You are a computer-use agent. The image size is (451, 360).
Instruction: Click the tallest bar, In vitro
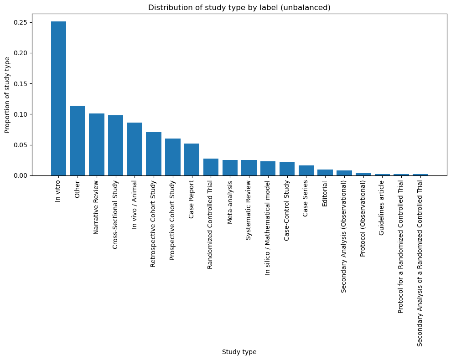[x=58, y=98]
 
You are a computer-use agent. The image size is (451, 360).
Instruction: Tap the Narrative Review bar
[x=97, y=144]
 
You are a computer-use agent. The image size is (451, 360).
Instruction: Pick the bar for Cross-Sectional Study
[x=115, y=145]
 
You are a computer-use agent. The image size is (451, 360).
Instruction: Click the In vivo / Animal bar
[x=135, y=149]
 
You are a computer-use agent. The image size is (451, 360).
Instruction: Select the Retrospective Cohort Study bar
[x=154, y=154]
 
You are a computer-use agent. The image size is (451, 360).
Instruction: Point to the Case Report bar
[x=192, y=159]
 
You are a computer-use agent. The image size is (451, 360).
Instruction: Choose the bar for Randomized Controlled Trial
[x=211, y=167]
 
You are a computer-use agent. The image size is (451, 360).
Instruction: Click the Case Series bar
[x=306, y=170]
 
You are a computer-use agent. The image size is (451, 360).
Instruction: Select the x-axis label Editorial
[x=325, y=194]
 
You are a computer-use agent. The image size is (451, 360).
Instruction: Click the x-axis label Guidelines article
[x=382, y=208]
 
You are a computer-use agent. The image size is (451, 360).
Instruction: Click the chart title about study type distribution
[x=239, y=7]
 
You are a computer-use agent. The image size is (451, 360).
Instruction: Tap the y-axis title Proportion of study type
[x=8, y=95]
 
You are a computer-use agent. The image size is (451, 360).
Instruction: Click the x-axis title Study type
[x=239, y=352]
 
